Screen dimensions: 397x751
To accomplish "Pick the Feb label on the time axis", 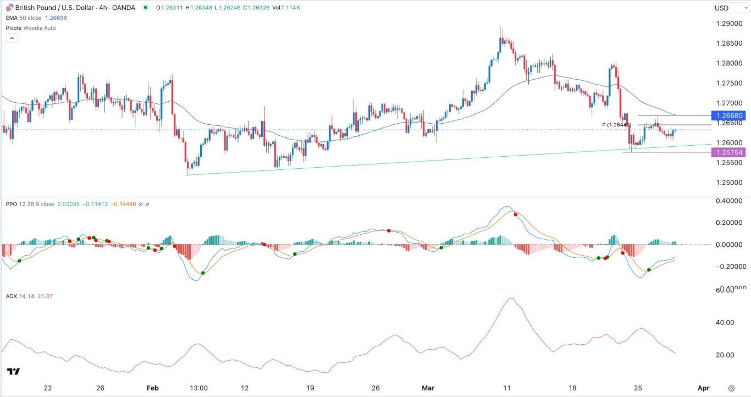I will point(153,388).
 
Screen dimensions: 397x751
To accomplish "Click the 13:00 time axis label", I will point(198,388).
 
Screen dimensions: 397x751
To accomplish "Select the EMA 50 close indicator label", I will point(27,18).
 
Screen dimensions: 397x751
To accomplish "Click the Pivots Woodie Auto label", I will point(31,28).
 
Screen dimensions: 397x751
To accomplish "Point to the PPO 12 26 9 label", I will point(30,204).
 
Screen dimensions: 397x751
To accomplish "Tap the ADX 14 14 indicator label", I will point(22,296).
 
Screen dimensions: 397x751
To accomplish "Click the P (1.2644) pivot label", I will point(616,125).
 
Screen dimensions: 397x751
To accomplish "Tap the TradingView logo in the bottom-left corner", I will point(14,372).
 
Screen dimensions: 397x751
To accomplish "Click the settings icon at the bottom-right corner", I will point(731,388).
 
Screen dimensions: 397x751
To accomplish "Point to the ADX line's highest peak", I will point(511,299).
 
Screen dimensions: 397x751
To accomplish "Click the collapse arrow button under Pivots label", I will point(12,38).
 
